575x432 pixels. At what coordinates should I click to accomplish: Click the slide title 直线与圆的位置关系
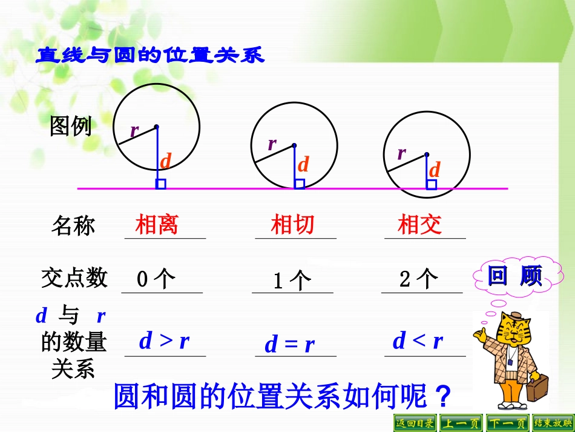[x=150, y=56]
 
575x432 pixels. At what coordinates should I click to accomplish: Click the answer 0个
[x=156, y=279]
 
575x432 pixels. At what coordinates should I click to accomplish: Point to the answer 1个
[x=292, y=281]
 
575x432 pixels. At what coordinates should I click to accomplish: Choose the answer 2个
[x=419, y=279]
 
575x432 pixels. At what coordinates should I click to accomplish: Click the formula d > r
[x=164, y=341]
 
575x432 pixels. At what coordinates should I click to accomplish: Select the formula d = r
[x=290, y=345]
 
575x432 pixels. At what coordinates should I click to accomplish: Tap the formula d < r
[x=418, y=341]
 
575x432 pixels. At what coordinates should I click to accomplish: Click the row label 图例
[x=71, y=127]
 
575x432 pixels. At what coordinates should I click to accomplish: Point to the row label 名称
[x=73, y=225]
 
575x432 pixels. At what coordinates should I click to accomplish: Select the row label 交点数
[x=74, y=278]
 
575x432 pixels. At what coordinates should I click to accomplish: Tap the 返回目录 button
[x=415, y=423]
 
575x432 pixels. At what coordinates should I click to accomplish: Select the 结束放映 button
[x=553, y=423]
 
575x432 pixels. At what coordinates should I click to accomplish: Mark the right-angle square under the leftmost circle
[x=160, y=184]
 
